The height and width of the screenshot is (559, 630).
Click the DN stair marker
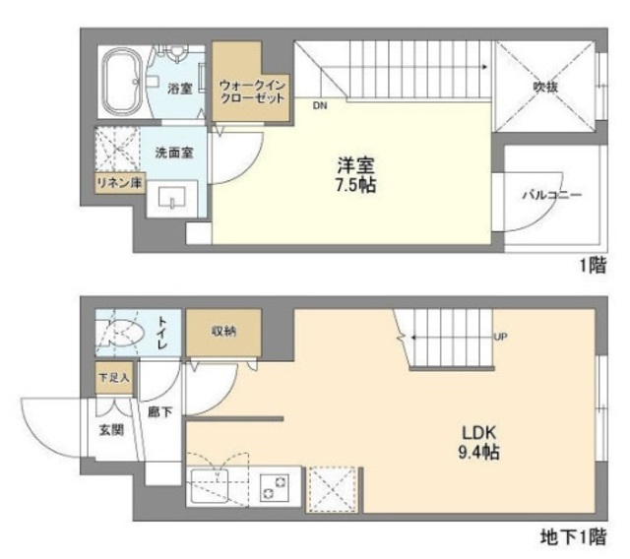(321, 103)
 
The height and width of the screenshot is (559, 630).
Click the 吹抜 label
(546, 87)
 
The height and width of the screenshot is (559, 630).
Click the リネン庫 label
(117, 182)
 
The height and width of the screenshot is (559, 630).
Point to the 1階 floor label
(593, 267)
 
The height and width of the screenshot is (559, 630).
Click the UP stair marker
(499, 338)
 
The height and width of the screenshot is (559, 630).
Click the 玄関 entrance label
(110, 429)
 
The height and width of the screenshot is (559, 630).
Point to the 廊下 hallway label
(159, 412)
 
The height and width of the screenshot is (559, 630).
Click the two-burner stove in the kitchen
(277, 483)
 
